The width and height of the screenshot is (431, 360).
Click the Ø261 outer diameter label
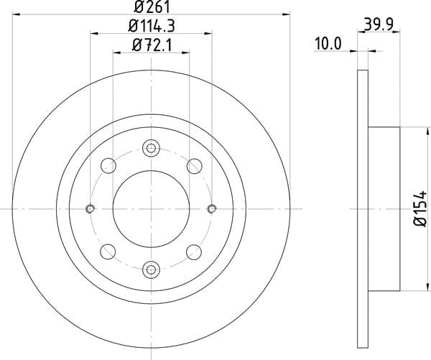click(x=152, y=7)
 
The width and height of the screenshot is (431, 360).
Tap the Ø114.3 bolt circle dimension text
click(x=152, y=26)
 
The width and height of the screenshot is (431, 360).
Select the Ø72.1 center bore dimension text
click(x=152, y=45)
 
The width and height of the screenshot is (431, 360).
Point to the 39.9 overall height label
click(x=379, y=24)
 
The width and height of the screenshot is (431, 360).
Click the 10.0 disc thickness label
click(x=328, y=44)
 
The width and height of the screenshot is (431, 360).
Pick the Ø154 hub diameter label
click(x=420, y=208)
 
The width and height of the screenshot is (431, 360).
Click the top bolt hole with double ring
click(x=151, y=149)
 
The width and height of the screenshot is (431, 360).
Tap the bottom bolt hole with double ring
click(x=151, y=269)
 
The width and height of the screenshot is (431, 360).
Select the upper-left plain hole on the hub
click(x=108, y=166)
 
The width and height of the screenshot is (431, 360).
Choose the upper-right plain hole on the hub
click(x=195, y=166)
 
